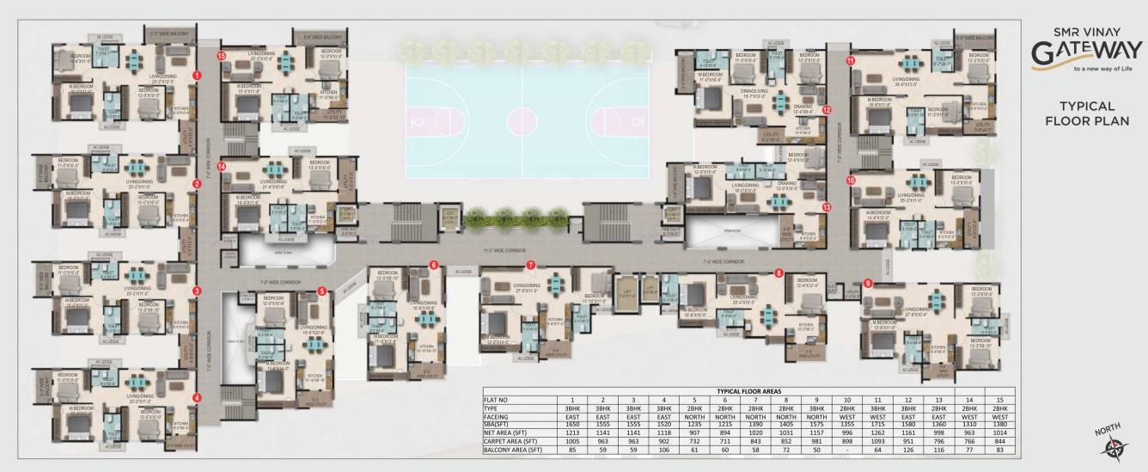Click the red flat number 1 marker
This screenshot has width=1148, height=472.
pos(197,76)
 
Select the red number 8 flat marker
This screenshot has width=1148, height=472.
pos(779,273)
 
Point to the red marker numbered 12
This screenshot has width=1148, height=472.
pos(827,110)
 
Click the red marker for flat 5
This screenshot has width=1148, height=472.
pos(321,291)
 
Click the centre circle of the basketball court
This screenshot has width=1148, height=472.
pos(521,115)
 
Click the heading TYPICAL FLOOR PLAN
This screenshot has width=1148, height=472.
pos(1087,113)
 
